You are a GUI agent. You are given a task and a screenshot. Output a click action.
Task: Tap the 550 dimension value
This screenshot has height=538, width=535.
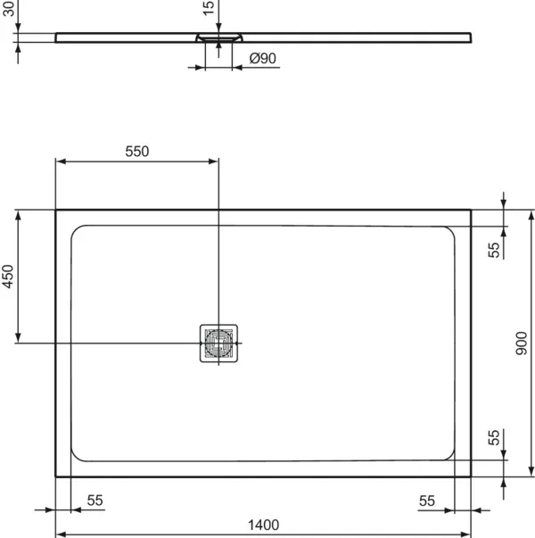[136, 151]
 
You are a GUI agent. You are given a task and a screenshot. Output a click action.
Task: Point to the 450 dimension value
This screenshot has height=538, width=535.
[8, 278]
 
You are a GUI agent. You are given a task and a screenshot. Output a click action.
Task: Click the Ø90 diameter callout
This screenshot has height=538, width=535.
[263, 58]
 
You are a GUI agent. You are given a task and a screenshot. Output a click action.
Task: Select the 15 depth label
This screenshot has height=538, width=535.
[208, 8]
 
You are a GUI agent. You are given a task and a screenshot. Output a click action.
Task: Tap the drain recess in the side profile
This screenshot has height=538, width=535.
[218, 38]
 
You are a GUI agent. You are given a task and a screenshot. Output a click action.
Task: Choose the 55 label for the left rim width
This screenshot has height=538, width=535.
[95, 501]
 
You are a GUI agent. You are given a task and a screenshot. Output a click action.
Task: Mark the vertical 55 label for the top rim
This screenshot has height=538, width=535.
[494, 248]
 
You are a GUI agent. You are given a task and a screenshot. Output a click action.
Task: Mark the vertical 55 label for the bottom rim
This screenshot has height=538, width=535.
[494, 437]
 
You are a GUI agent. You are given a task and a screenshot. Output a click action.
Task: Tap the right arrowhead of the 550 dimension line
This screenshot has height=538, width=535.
[214, 161]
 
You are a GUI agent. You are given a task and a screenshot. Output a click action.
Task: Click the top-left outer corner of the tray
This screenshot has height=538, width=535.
[56, 211]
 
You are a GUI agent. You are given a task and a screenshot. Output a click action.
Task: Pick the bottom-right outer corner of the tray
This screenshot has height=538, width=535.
[471, 476]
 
